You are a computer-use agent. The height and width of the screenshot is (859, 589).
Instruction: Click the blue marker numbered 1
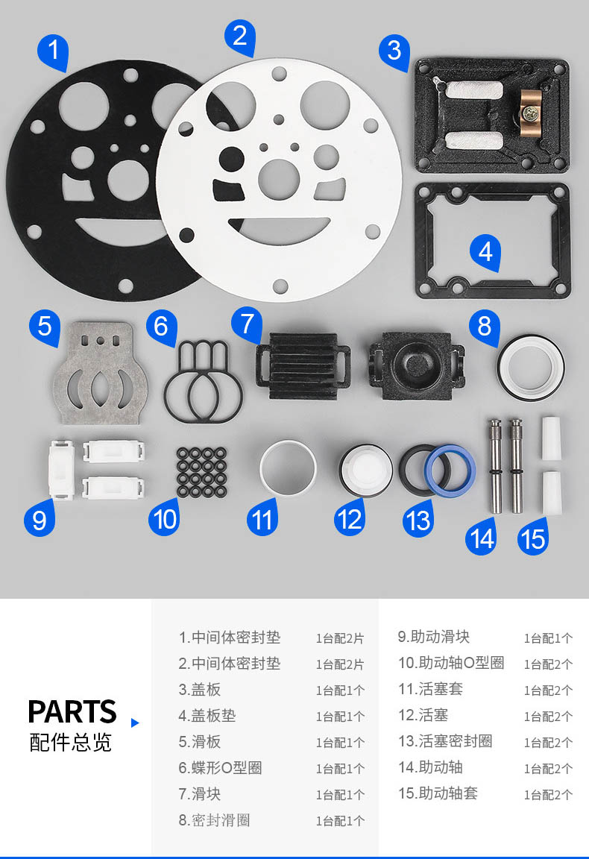(53, 51)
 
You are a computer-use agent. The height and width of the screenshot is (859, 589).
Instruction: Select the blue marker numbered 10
(164, 518)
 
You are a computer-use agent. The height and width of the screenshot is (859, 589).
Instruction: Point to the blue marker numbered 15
(533, 538)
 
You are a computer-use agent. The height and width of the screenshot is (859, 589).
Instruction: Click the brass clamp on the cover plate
(530, 114)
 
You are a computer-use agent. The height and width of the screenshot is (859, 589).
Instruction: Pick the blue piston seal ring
(450, 471)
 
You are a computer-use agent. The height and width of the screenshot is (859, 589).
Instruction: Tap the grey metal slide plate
(101, 373)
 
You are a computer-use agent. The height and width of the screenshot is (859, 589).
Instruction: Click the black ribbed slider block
(303, 365)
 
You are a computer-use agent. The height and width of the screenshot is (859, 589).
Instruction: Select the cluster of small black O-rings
(201, 472)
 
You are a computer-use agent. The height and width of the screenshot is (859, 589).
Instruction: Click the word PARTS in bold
(72, 711)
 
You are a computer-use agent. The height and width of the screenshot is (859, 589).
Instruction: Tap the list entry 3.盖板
(199, 689)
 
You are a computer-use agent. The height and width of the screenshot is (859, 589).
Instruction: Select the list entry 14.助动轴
(431, 767)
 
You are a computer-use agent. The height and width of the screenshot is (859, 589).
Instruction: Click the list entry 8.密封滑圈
(214, 820)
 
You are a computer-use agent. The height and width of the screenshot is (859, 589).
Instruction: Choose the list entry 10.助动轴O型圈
(451, 662)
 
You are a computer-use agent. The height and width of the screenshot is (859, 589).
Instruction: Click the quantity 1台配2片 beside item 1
(340, 638)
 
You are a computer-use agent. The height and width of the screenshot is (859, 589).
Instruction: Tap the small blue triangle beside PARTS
(135, 723)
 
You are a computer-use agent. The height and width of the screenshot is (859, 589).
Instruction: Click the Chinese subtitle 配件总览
(70, 743)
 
